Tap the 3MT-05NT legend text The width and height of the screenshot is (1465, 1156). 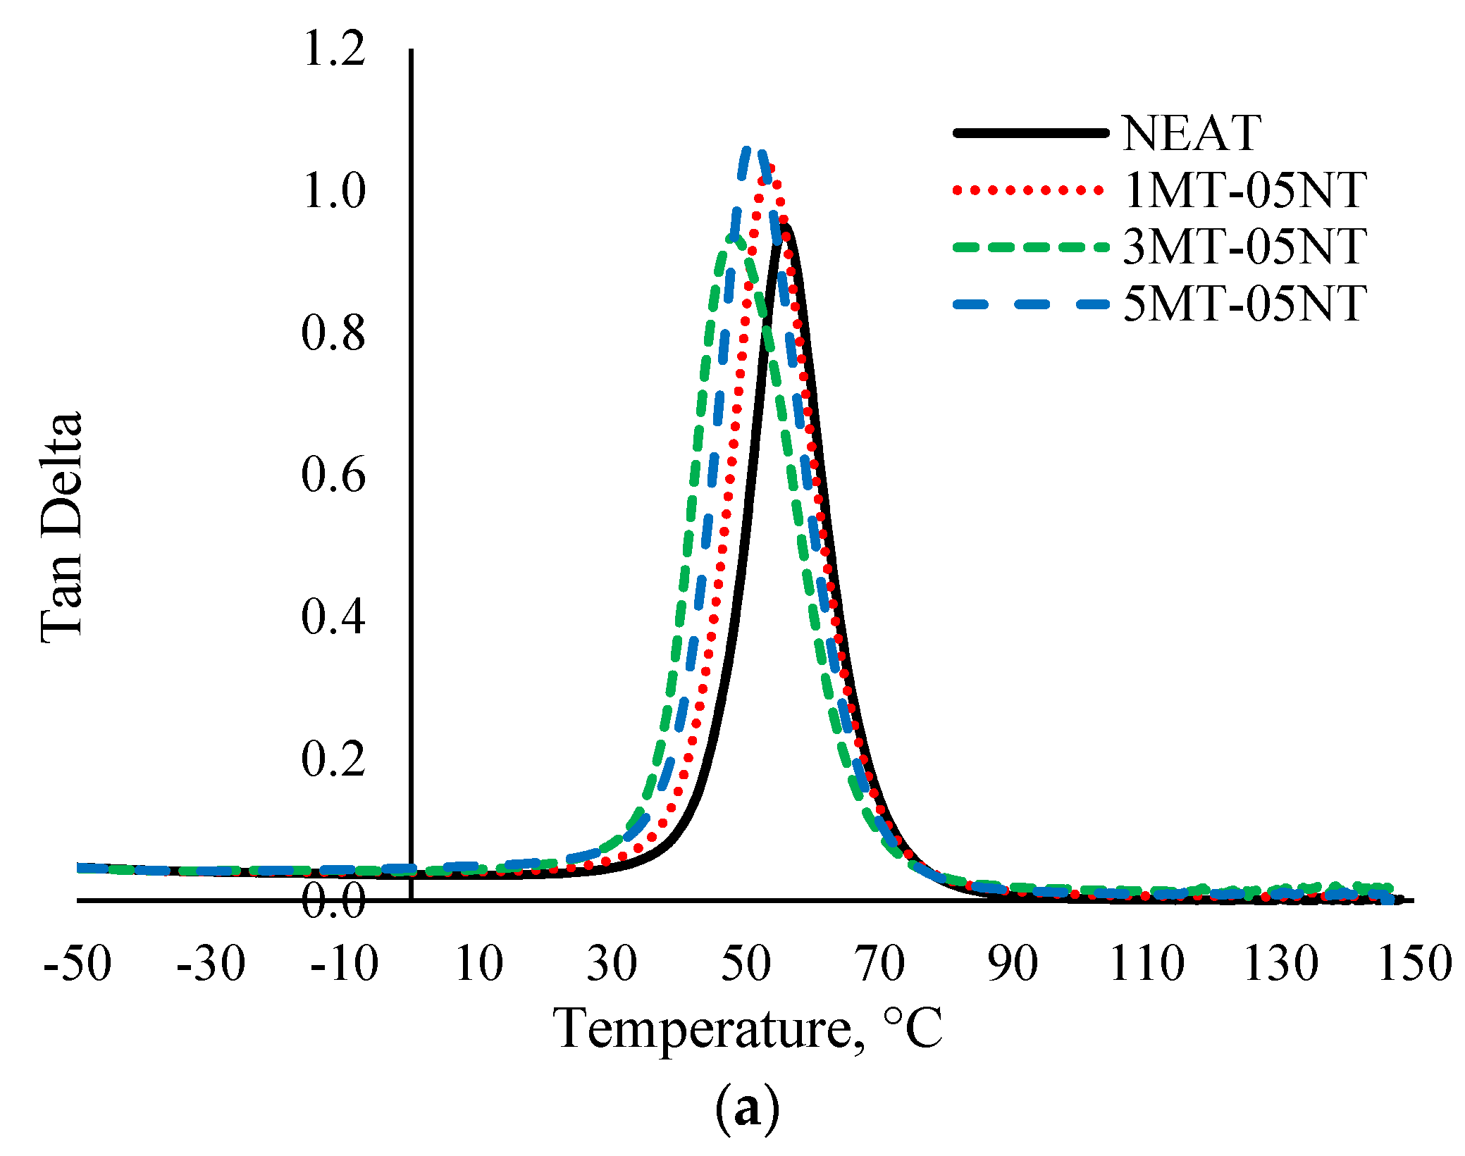(x=1244, y=247)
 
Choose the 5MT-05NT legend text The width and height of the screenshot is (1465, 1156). (x=1244, y=304)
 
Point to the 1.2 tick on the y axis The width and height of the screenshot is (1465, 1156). (x=333, y=49)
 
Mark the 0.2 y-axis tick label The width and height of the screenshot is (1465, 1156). (x=333, y=759)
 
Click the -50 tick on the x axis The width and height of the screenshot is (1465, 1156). (x=78, y=964)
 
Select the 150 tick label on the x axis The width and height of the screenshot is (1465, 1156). (x=1414, y=964)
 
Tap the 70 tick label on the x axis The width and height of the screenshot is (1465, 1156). (x=880, y=964)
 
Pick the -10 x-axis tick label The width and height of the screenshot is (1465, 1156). (x=345, y=964)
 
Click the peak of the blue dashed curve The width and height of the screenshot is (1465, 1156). (x=751, y=150)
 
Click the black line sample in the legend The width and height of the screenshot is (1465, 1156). (x=1030, y=132)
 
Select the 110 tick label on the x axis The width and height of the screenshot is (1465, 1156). (x=1146, y=964)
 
